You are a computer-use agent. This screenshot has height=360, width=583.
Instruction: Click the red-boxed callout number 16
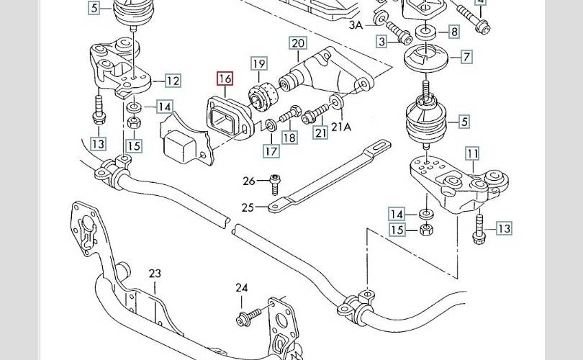tap(225, 79)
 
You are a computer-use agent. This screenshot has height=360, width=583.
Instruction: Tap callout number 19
tap(259, 64)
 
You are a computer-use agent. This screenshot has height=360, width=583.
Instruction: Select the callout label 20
tap(298, 44)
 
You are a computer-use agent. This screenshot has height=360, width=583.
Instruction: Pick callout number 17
tap(271, 151)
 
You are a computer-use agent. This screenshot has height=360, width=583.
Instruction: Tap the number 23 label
tap(155, 274)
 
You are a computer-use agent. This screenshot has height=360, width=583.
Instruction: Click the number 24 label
tap(241, 288)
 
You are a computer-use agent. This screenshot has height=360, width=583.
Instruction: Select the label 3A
tap(356, 25)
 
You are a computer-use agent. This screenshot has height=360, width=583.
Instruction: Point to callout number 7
tap(466, 56)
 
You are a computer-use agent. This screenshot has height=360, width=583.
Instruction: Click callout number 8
tap(453, 32)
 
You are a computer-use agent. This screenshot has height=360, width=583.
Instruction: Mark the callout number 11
tap(472, 153)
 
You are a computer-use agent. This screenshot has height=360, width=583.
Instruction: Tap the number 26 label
tap(249, 180)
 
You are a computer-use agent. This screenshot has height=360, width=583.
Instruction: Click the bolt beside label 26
tap(274, 182)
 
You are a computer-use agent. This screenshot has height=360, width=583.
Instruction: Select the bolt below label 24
tap(246, 317)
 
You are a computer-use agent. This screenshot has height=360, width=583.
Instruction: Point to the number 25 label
tap(248, 207)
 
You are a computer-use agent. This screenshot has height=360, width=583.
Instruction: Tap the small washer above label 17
tap(268, 127)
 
